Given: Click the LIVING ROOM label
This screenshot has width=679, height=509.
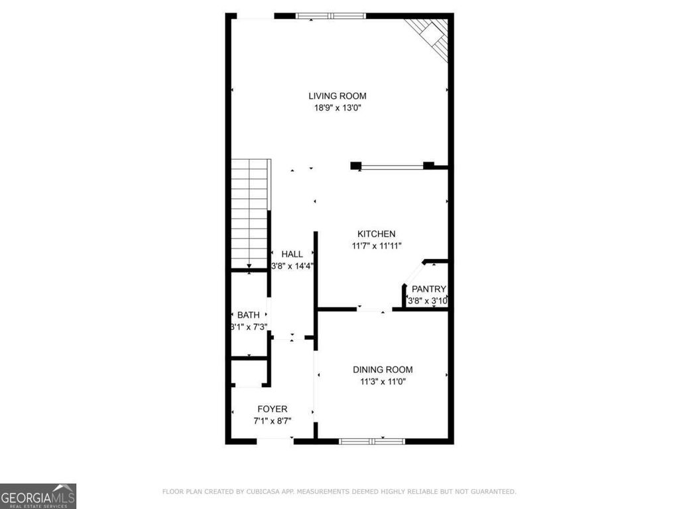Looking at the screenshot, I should click(337, 96).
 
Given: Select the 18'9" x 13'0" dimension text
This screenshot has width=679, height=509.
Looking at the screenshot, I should click(337, 107).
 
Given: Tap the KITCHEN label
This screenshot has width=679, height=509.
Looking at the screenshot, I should click(377, 234).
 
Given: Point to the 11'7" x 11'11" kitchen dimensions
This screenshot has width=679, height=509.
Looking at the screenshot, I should click(377, 245).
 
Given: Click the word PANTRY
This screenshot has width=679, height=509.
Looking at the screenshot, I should click(428, 289).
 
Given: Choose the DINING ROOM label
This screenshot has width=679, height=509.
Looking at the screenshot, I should click(383, 370).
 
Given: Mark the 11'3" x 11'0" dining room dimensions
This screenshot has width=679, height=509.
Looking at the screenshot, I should click(383, 381).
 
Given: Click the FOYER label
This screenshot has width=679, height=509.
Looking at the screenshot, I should click(273, 409).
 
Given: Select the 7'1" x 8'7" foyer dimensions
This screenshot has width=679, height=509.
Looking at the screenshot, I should click(273, 420).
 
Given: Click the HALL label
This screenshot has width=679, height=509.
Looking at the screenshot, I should click(292, 254).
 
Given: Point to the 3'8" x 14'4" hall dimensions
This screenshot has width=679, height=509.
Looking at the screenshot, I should click(292, 266).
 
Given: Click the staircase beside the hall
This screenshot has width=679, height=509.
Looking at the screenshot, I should click(249, 212).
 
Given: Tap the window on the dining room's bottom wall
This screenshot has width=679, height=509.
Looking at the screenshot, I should click(371, 440).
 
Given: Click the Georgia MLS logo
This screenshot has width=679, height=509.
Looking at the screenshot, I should click(38, 496).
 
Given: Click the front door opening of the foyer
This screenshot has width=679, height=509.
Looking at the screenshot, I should click(275, 439).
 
